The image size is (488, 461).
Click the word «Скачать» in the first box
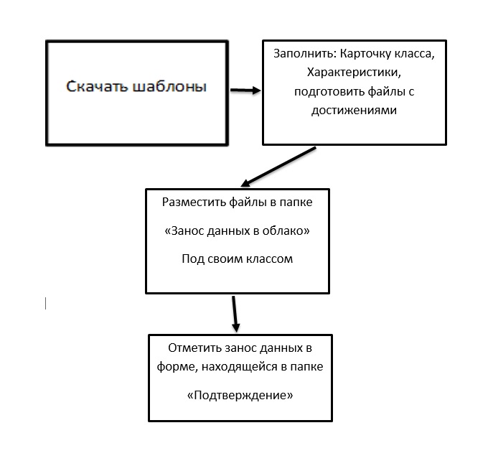pyautogui.click(x=98, y=87)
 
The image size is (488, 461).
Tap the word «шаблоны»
pyautogui.click(x=170, y=87)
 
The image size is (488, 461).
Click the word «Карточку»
pyautogui.click(x=365, y=54)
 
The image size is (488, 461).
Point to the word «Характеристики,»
pyautogui.click(x=355, y=73)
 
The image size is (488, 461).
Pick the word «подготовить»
pyautogui.click(x=329, y=92)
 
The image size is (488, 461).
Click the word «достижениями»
pyautogui.click(x=355, y=111)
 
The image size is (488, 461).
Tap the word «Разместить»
pyautogui.click(x=194, y=202)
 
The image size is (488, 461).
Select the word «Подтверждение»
pyautogui.click(x=240, y=396)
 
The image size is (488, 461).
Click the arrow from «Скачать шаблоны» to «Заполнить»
pyautogui.click(x=245, y=90)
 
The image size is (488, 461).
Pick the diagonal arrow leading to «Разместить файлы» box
pyautogui.click(x=278, y=167)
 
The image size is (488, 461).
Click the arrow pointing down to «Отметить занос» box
pyautogui.click(x=235, y=314)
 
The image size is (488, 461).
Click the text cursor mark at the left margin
pyautogui.click(x=46, y=304)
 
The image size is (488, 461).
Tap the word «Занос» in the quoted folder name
pyautogui.click(x=188, y=231)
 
